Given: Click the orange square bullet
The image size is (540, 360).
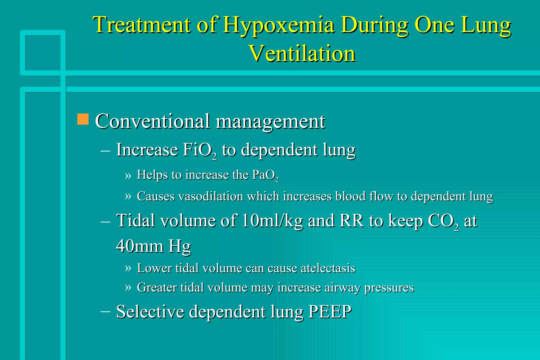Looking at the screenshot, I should point(83,119).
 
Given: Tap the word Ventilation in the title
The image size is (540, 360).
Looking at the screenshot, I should point(302,53).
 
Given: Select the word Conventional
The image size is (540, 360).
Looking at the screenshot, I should point(153,121).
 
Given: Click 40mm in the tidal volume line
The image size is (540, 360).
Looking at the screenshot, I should point(140,246).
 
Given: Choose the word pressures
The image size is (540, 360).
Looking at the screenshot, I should point(389,288).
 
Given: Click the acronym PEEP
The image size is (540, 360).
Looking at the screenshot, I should point(330,312).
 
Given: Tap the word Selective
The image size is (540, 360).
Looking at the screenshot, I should point(150,312).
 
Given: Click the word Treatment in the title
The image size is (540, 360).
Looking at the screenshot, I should point(142,25).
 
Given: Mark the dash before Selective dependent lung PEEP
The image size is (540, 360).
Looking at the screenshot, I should point(105,311).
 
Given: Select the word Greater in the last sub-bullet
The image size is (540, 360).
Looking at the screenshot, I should point(157,288).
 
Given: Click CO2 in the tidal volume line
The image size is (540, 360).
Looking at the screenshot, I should point(443,221).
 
